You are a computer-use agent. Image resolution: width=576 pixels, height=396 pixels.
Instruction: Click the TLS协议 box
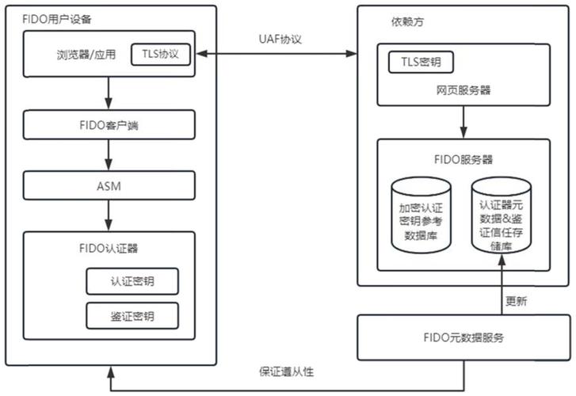point(162,55)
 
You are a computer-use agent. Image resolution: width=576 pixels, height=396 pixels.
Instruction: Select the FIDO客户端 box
point(109,124)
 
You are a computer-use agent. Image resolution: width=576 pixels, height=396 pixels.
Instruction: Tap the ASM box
point(109,185)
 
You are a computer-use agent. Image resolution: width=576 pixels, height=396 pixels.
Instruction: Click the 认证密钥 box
point(132,281)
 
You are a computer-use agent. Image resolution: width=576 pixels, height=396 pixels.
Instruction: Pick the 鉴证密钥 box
point(132,316)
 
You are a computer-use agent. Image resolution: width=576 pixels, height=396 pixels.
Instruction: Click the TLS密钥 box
point(421,62)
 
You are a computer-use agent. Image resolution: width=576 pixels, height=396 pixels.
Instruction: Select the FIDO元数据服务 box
point(463,337)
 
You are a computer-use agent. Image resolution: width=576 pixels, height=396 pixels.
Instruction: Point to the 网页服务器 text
point(463,90)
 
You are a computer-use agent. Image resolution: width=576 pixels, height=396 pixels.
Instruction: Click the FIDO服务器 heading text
point(463,158)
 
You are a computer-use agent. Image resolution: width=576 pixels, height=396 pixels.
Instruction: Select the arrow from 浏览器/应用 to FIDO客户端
point(109,95)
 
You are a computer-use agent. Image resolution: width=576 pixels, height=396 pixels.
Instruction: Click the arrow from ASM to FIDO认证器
point(109,215)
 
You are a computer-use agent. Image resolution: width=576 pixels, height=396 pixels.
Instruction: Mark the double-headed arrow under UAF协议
point(277,54)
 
